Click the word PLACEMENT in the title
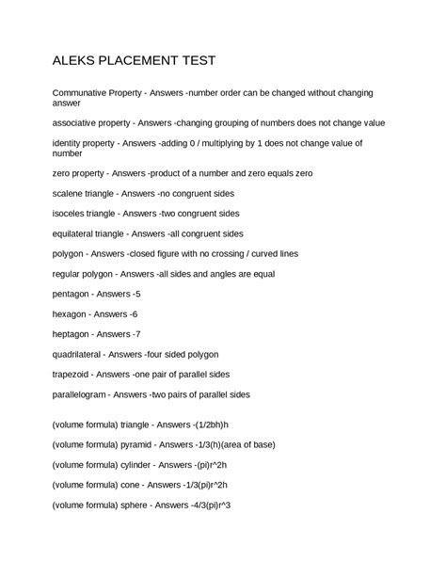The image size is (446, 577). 138,60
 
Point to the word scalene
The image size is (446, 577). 72,193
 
